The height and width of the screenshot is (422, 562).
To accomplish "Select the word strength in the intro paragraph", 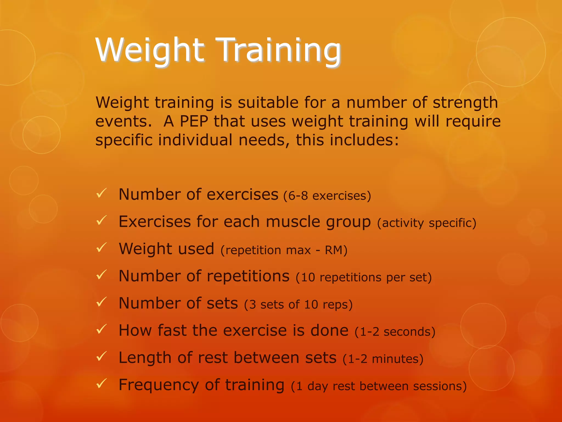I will pyautogui.click(x=465, y=103).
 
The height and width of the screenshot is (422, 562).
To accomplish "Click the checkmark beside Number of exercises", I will pyautogui.click(x=101, y=193).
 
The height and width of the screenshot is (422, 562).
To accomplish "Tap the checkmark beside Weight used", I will pyautogui.click(x=101, y=248).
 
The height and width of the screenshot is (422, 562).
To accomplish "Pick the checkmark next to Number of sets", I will pyautogui.click(x=101, y=302).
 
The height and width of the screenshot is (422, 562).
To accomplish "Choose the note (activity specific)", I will pyautogui.click(x=427, y=223).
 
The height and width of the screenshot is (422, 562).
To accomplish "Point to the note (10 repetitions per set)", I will pyautogui.click(x=364, y=277).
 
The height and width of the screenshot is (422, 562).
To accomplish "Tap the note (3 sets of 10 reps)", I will pyautogui.click(x=298, y=304).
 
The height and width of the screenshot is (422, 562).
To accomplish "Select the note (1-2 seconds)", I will pyautogui.click(x=395, y=332).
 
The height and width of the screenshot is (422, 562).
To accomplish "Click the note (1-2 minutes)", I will pyautogui.click(x=383, y=359).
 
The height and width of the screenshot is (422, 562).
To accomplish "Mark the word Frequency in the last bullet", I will pyautogui.click(x=159, y=385).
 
